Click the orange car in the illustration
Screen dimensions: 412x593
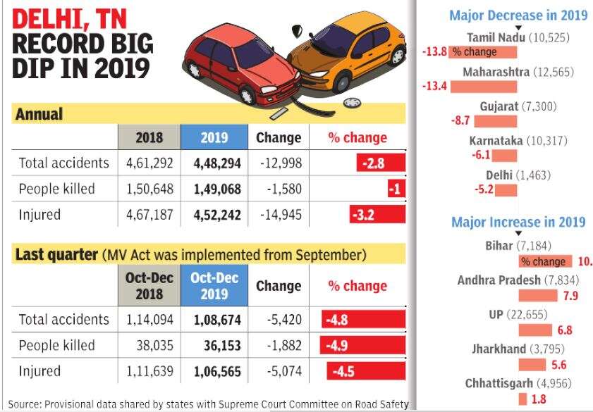point(349,56)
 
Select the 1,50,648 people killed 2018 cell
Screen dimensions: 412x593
point(149,189)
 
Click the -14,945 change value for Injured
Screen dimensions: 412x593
point(278,214)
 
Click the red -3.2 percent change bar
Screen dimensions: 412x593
point(378,214)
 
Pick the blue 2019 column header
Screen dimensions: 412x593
point(214,137)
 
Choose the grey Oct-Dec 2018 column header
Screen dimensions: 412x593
point(149,285)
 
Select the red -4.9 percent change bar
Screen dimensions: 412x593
point(363,345)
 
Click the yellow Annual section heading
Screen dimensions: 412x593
point(39,113)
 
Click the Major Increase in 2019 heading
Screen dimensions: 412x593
point(518,223)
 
